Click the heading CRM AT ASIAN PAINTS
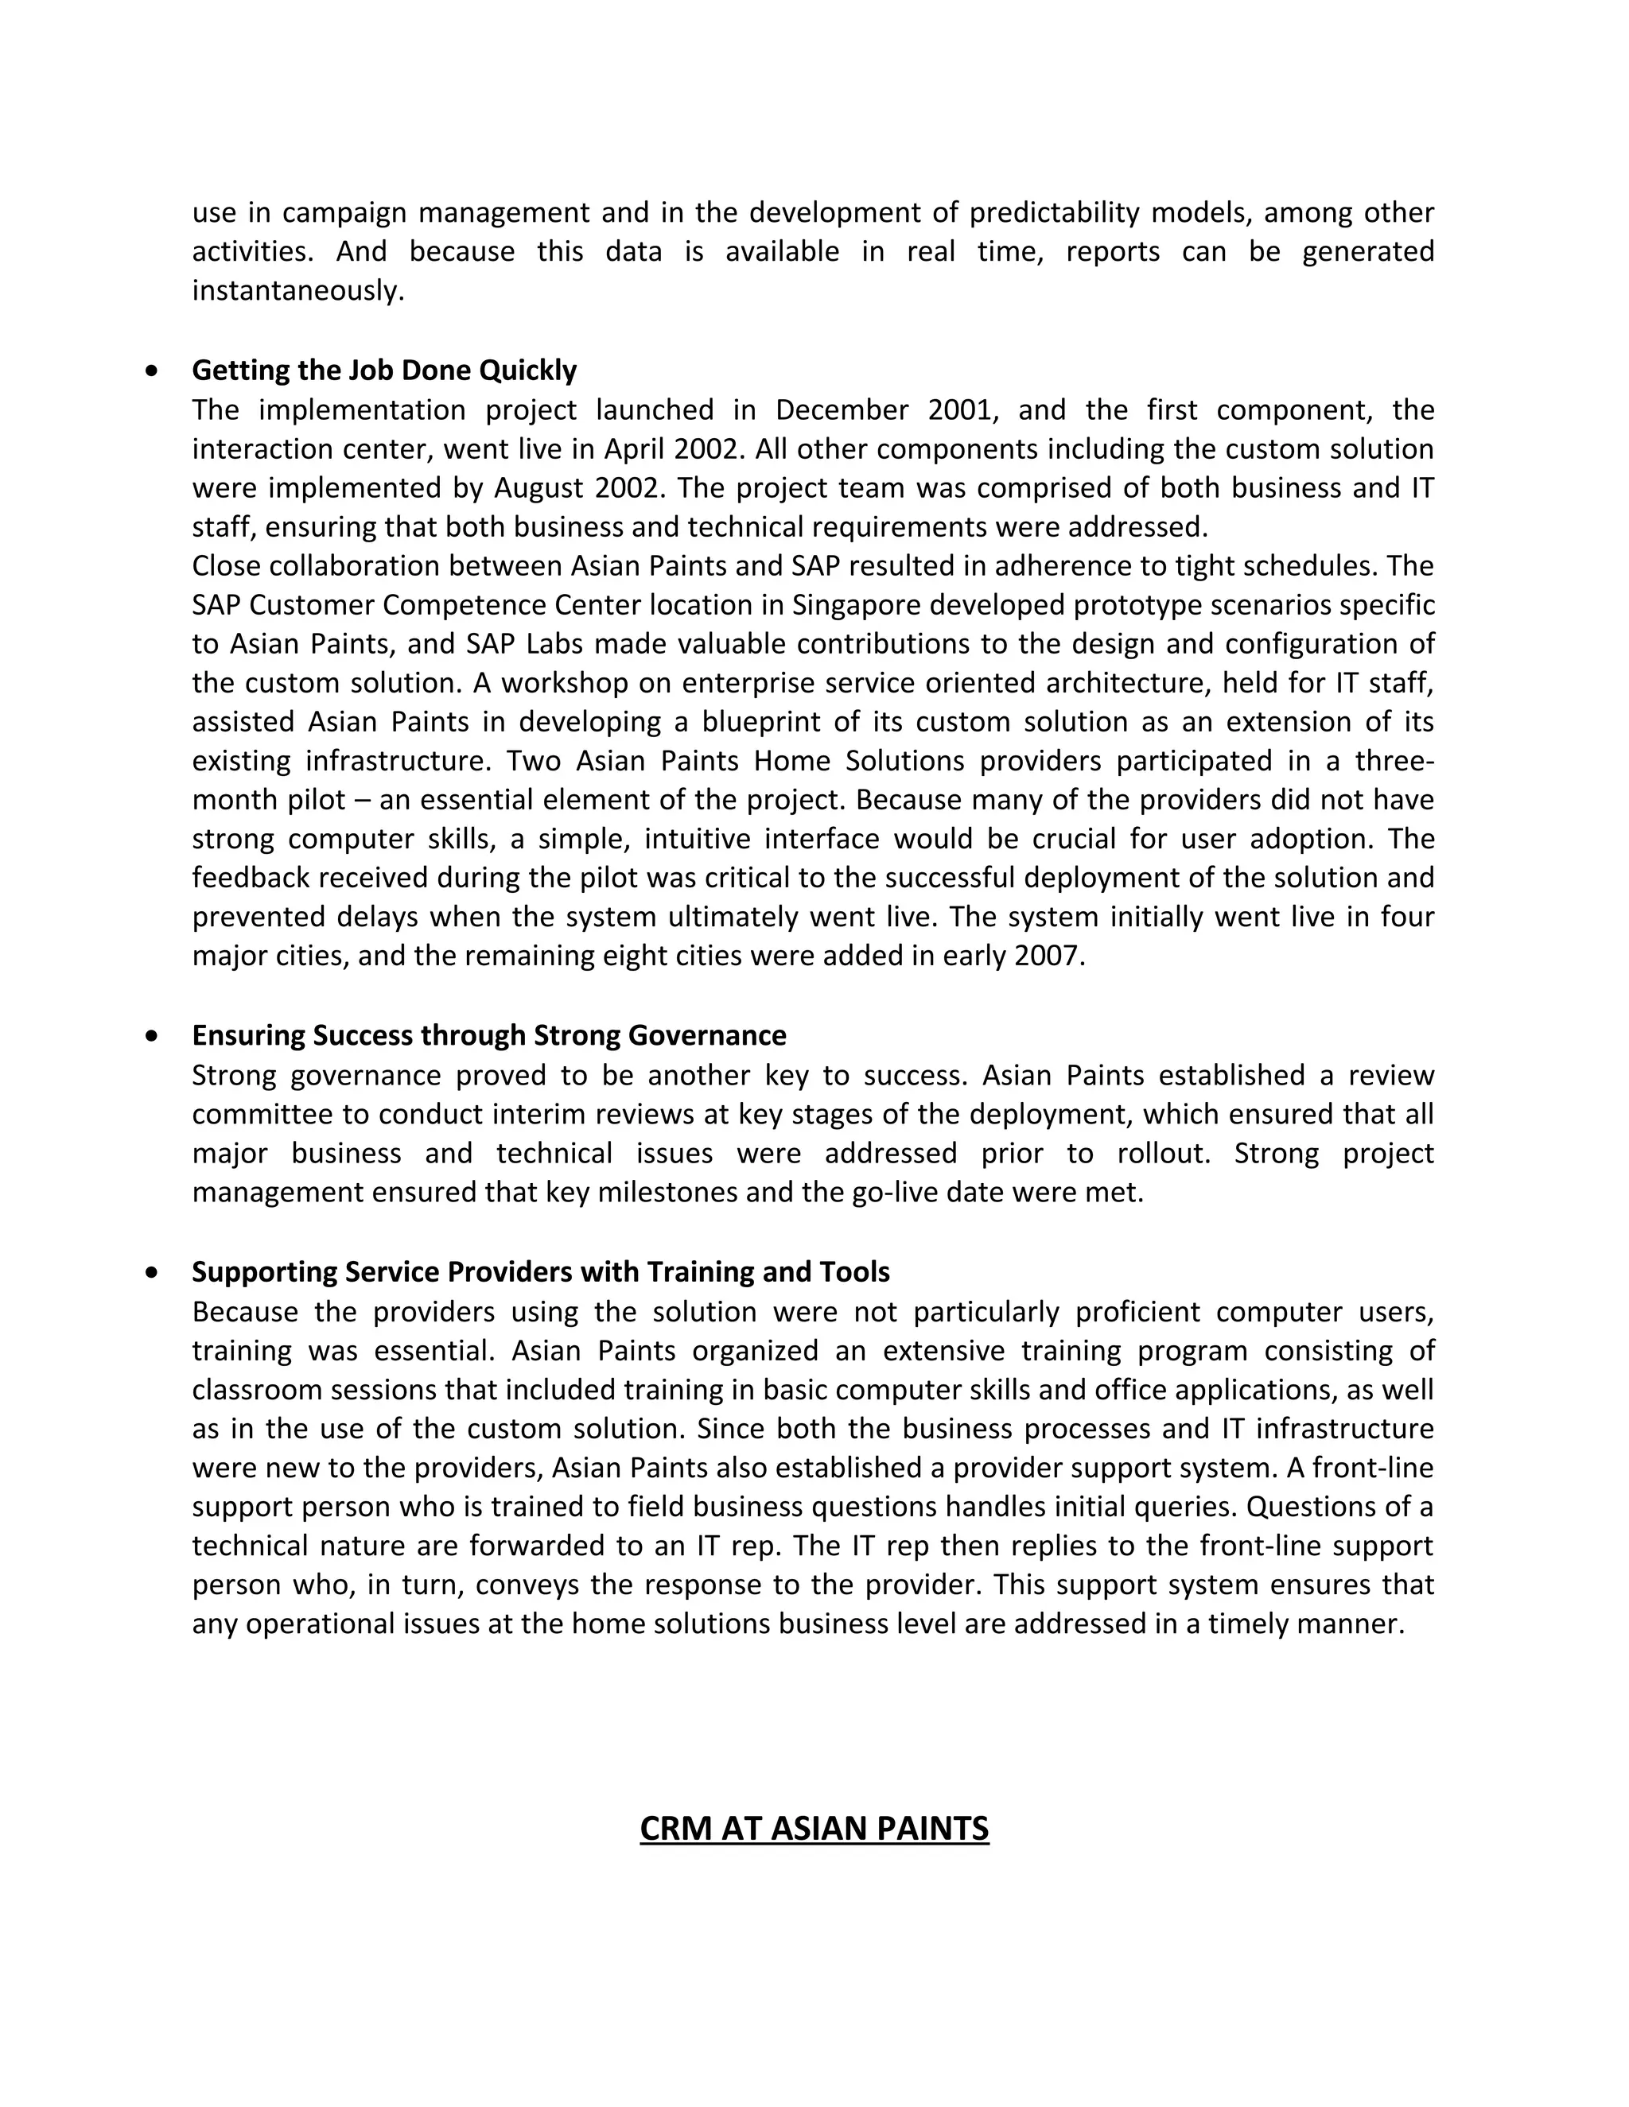[814, 1828]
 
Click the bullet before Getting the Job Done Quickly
[151, 371]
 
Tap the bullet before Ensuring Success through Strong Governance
[151, 1035]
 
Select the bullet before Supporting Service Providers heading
[151, 1271]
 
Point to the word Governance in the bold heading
[706, 1035]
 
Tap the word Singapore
[849, 605]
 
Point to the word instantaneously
[297, 290]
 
